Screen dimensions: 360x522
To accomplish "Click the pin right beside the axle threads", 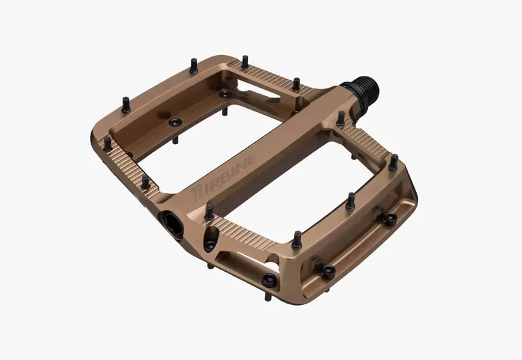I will pos(339,118).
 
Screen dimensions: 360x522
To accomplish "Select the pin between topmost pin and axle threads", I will pos(295,83).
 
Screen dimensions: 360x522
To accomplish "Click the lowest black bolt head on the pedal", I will pos(328,271).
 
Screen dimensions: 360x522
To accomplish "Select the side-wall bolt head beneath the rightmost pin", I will pos(391,220).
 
